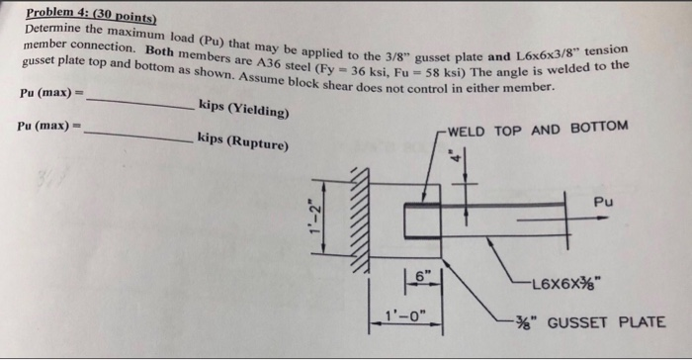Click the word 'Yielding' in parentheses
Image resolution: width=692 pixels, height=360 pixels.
pyautogui.click(x=262, y=112)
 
